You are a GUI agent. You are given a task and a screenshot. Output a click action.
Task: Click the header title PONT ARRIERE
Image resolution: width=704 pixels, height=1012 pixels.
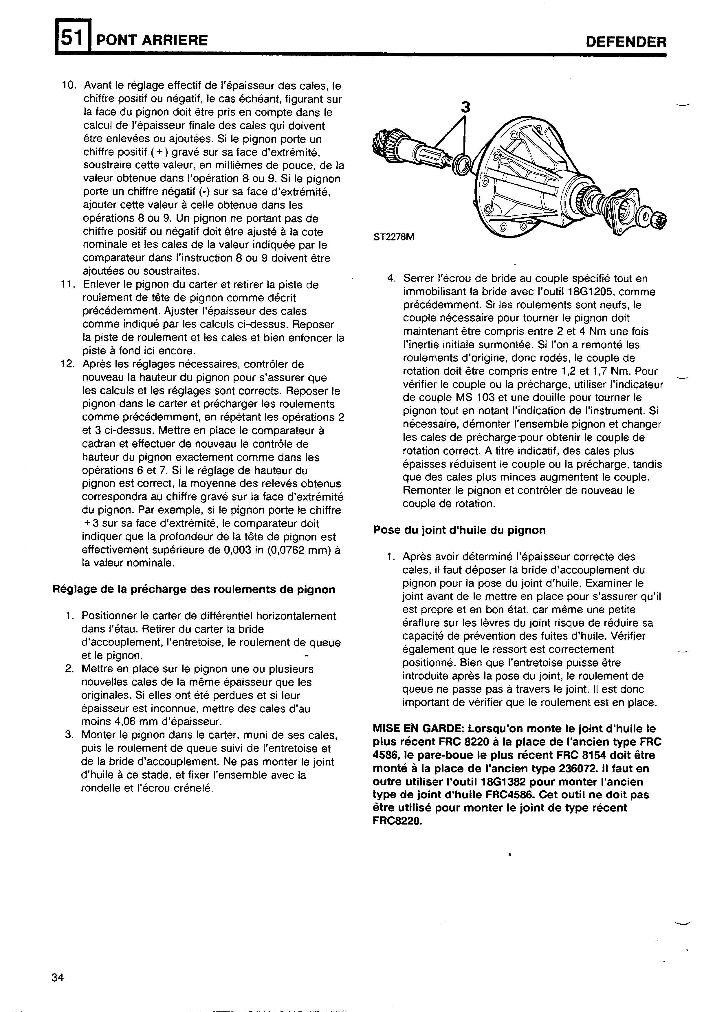click(152, 41)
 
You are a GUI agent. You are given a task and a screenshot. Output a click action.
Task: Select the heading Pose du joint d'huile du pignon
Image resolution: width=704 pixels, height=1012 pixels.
click(459, 530)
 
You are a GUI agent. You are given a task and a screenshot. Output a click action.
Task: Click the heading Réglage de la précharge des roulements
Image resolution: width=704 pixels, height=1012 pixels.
click(194, 589)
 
